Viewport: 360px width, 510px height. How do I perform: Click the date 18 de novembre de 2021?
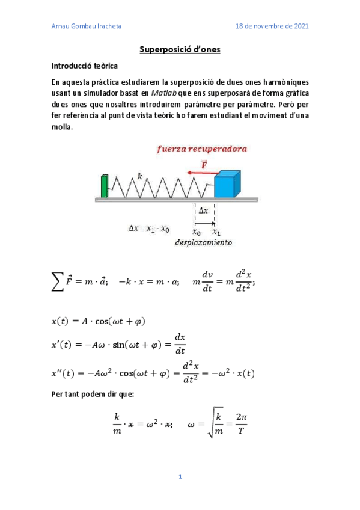pos(272,26)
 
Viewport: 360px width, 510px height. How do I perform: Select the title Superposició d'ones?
pos(180,49)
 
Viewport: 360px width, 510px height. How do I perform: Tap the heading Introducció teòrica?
pos(84,66)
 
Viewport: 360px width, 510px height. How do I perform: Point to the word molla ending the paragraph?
pos(61,127)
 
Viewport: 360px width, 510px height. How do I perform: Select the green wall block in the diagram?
pos(105,186)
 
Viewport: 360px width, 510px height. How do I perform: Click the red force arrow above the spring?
pos(200,172)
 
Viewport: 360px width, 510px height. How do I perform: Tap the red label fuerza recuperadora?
pos(202,149)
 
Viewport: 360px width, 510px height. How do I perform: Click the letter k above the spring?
pos(139,176)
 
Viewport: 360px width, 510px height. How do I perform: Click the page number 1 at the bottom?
pos(180,477)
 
